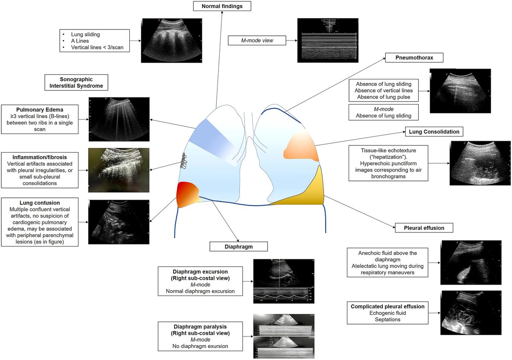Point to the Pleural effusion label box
[x=424, y=228]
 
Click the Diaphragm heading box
[x=239, y=246]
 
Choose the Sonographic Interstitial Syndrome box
[x=76, y=82]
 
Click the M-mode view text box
[x=257, y=41]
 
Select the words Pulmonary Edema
[x=39, y=109]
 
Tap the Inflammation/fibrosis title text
[x=40, y=157]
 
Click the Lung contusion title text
[x=40, y=203]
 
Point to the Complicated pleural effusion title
[x=387, y=307]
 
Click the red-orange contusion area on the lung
[x=187, y=194]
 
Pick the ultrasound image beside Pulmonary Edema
[x=118, y=120]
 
